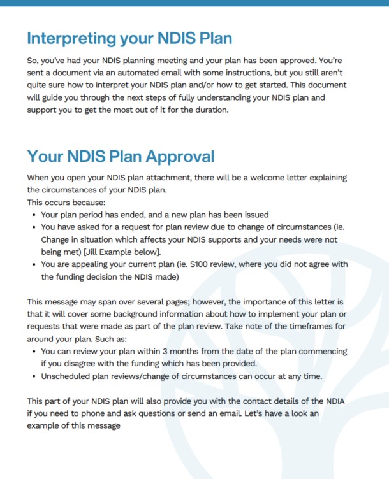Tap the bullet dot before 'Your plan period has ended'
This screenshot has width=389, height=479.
coord(33,215)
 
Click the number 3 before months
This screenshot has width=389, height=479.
coord(166,352)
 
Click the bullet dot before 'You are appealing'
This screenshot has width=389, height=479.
coord(33,265)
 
